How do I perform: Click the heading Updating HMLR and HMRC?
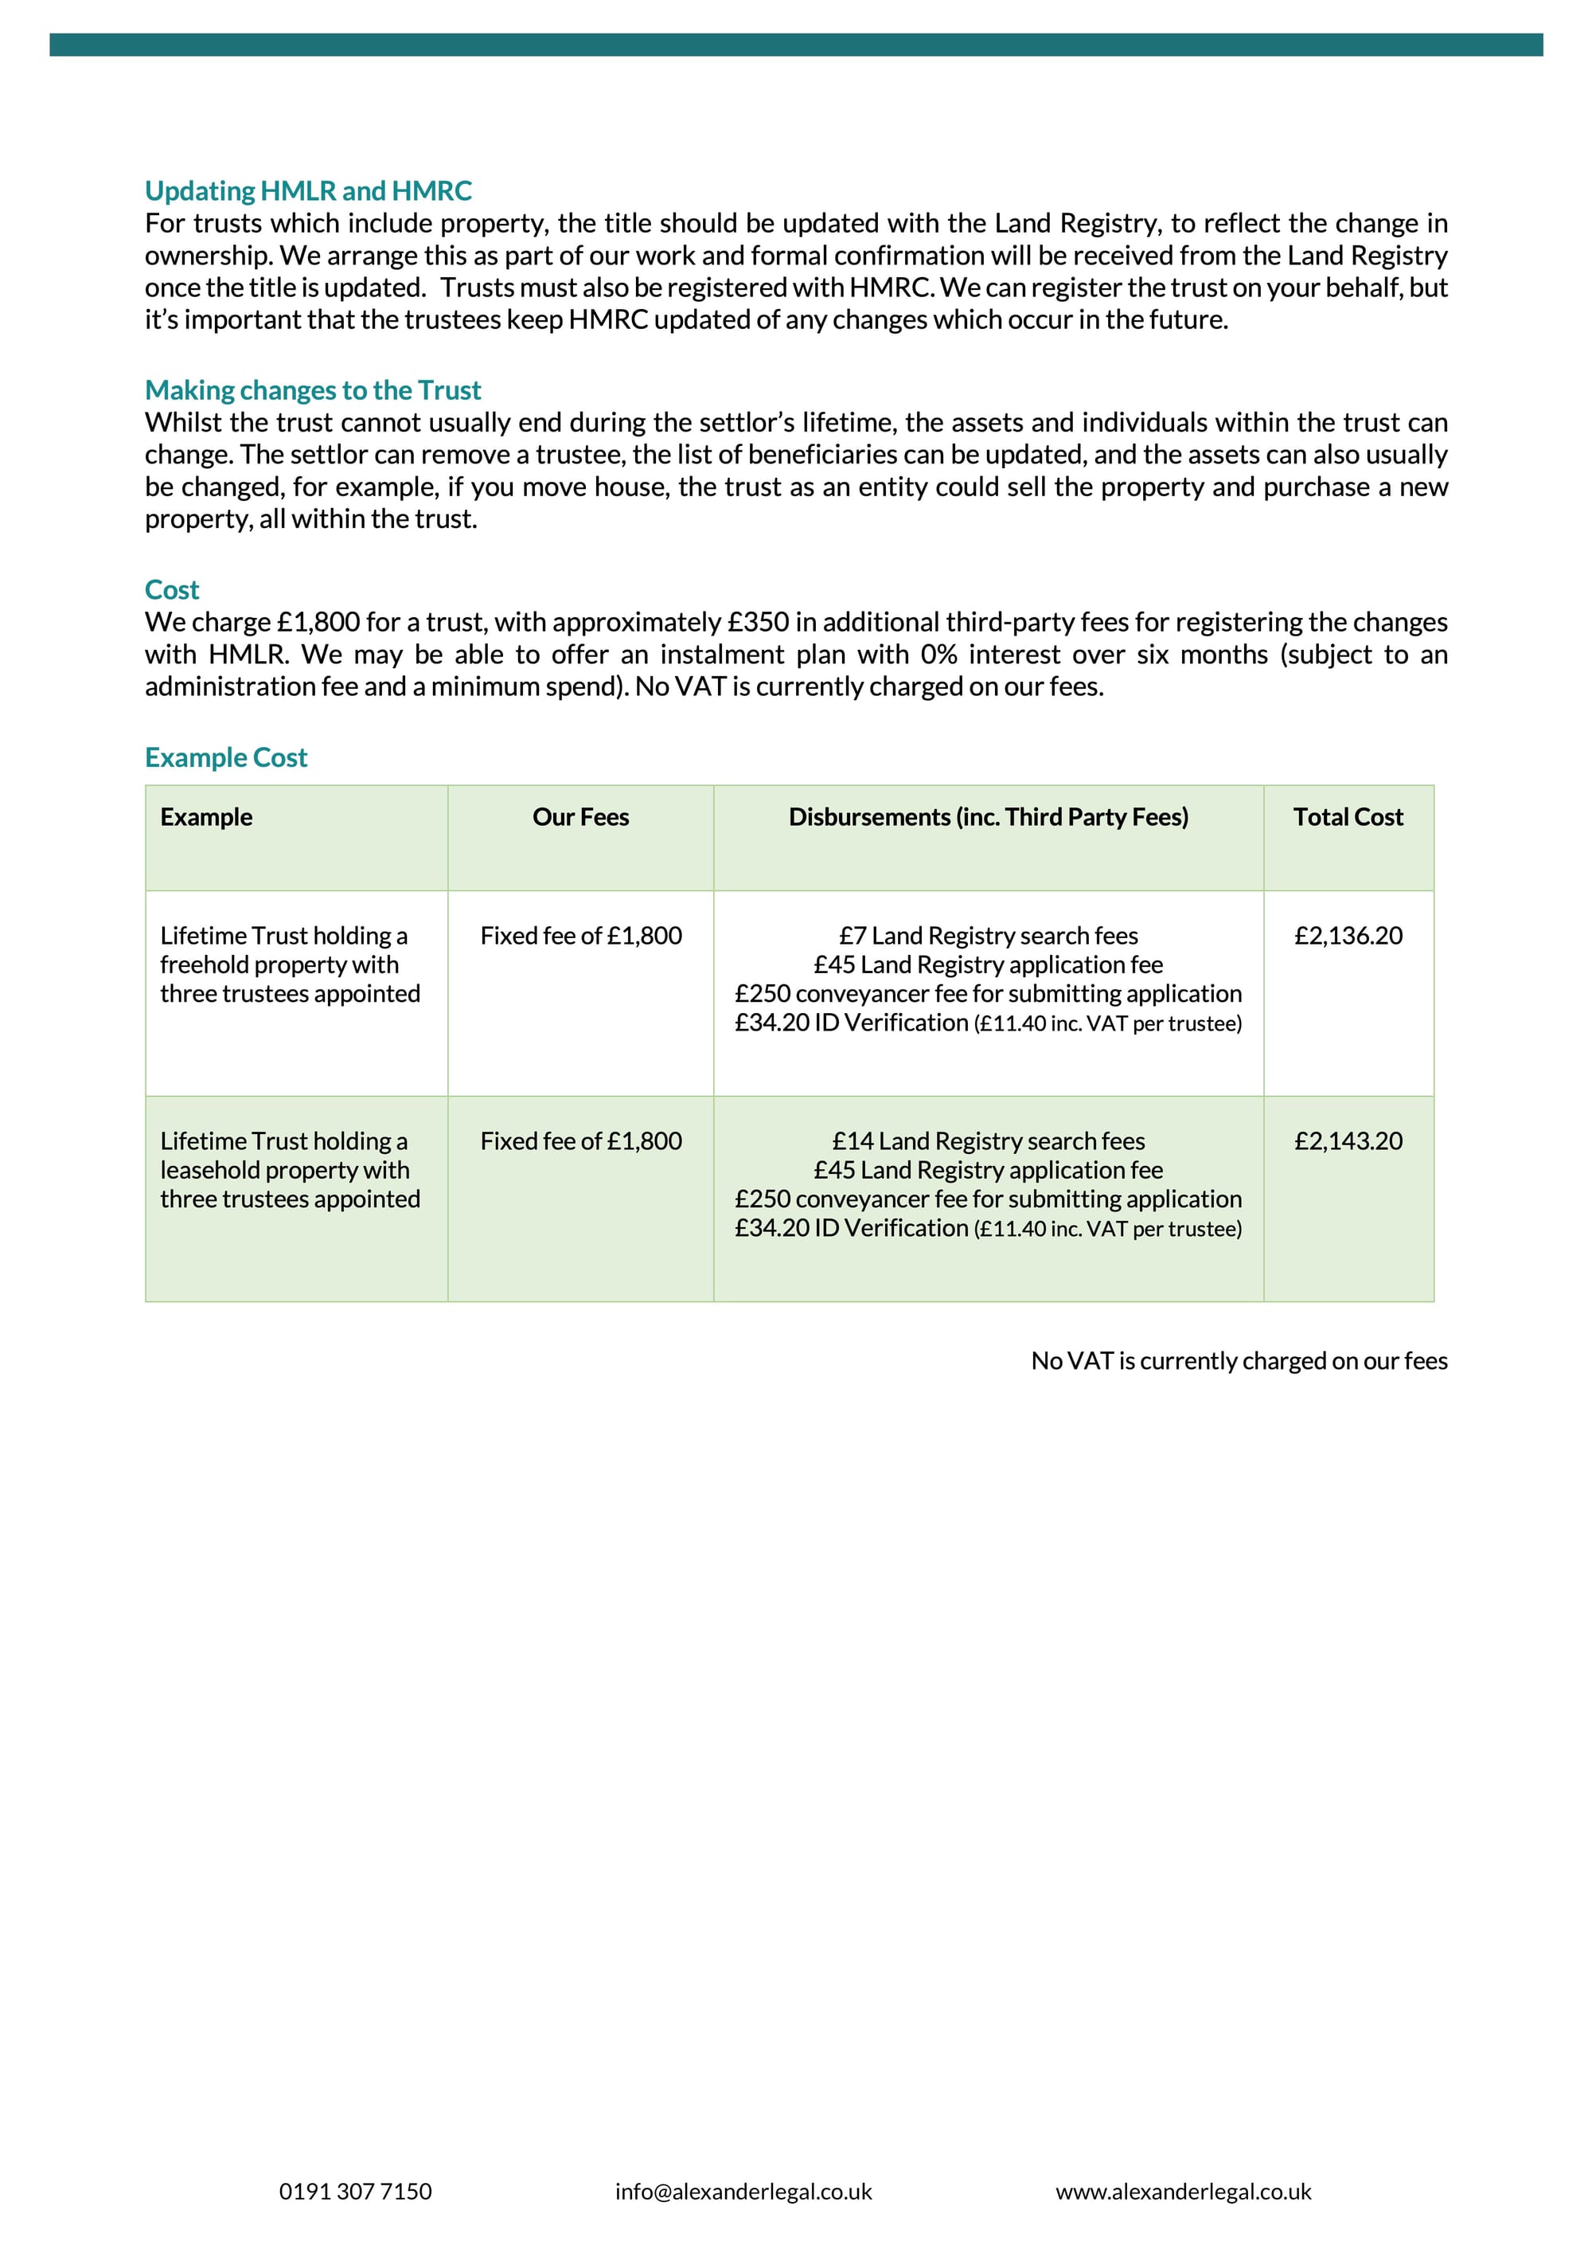(x=308, y=190)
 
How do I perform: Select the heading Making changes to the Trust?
(x=313, y=389)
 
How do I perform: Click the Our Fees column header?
(x=581, y=817)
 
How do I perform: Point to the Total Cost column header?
(x=1348, y=817)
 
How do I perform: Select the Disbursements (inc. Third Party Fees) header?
(x=988, y=817)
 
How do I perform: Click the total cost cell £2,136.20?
(x=1348, y=936)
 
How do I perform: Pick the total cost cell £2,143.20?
(x=1348, y=1141)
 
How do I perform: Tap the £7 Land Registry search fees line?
(x=988, y=936)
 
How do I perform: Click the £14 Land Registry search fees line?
(x=988, y=1141)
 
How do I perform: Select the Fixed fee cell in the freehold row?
(x=581, y=936)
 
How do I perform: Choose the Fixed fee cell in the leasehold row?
(x=581, y=1141)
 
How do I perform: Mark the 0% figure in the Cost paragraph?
(x=938, y=655)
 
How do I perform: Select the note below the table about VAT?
(x=1239, y=1361)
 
